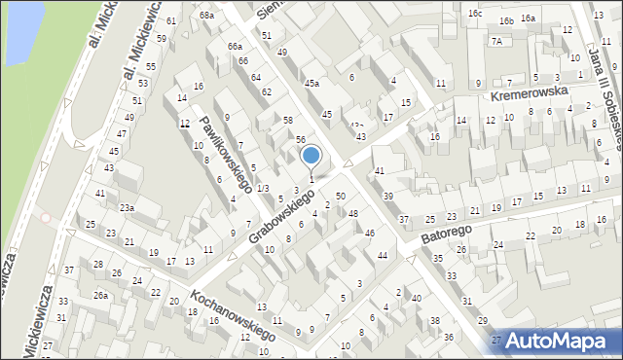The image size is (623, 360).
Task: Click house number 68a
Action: pos(206,16)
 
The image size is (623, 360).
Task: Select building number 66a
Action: pos(235,47)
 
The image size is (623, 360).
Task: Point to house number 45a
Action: pos(311,84)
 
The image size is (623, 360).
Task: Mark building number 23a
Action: pos(127,208)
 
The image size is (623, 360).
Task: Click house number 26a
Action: pos(100,295)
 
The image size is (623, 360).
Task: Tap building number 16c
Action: pos(474,14)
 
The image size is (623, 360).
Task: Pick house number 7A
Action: pos(496,42)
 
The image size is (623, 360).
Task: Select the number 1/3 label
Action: pos(263,189)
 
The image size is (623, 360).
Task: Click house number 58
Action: pos(288,120)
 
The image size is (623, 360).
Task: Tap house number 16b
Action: pos(506,20)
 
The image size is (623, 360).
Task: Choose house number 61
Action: pos(171,21)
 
